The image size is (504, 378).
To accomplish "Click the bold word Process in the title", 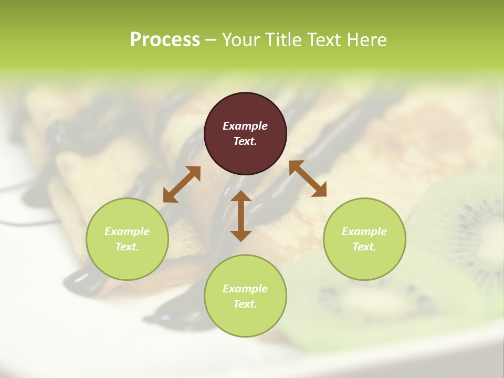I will (165, 40).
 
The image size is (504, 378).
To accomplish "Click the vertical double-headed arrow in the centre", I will (241, 216).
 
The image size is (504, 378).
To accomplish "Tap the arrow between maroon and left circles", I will (182, 184).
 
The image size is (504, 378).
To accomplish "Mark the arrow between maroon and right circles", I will (308, 178).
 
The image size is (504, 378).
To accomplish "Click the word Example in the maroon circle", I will (245, 126).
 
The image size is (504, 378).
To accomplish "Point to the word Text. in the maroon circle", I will (245, 141).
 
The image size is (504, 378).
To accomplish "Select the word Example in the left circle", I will (127, 232).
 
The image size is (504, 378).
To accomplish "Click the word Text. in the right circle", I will (364, 247).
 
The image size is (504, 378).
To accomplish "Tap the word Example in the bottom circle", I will (245, 289).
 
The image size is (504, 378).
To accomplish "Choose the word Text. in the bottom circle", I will (245, 304).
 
